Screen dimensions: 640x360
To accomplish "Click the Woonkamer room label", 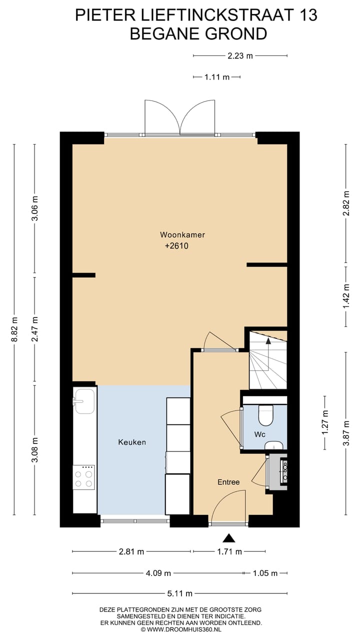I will (182, 234).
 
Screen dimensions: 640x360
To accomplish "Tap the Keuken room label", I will (132, 442).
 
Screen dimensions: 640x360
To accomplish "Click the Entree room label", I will (228, 482).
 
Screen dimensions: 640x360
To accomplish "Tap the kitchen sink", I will (84, 402).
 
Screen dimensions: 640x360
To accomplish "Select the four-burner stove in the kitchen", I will (83, 477).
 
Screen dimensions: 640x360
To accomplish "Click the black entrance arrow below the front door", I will (229, 538).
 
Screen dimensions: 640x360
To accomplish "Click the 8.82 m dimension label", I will (14, 330).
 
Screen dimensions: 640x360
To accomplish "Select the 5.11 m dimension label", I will (179, 593).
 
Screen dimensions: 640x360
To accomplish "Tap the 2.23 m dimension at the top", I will (240, 56).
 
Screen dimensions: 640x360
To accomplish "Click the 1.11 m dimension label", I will (217, 77).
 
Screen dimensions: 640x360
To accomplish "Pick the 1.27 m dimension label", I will (325, 423).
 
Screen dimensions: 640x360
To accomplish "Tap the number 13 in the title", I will (306, 15).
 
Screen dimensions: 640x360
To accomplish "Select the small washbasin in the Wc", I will (274, 445).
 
